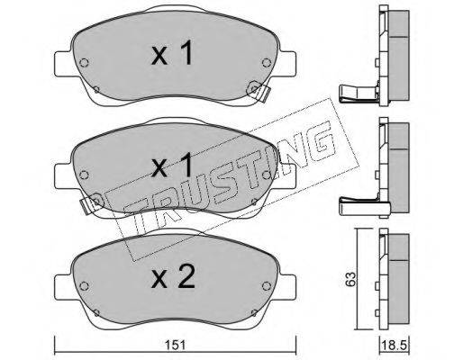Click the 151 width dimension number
(176, 346)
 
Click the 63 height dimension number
(351, 279)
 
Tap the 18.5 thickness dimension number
(394, 346)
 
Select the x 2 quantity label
(173, 277)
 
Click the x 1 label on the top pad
(172, 53)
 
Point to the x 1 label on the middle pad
(172, 165)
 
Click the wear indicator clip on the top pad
(259, 91)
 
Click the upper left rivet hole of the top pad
(84, 63)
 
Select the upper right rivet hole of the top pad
(267, 63)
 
